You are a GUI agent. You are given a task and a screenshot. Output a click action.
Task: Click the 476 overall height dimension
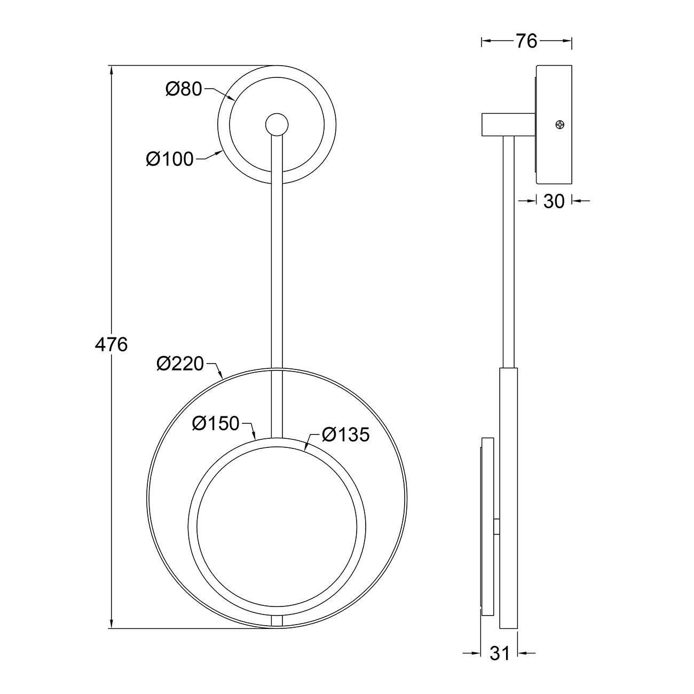(111, 345)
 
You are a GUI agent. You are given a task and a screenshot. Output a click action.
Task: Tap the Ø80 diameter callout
(184, 89)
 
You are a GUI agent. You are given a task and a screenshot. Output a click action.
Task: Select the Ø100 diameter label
(170, 159)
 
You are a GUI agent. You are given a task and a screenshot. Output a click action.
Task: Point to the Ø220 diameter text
(180, 364)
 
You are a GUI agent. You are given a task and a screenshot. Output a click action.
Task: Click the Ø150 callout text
(215, 423)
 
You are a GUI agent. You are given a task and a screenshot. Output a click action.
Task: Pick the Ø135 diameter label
(346, 435)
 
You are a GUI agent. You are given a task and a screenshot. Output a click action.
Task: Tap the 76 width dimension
(526, 41)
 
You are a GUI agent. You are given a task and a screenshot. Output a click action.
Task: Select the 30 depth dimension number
(554, 201)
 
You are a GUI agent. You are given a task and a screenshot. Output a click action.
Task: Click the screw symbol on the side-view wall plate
(559, 124)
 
